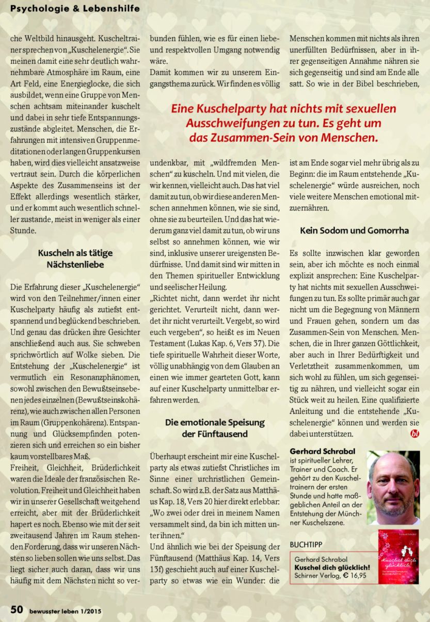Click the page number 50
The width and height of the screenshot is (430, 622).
coord(17,610)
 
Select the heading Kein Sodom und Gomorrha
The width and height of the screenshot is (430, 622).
coord(354,230)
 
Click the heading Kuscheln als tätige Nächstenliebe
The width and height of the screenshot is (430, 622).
coord(75,259)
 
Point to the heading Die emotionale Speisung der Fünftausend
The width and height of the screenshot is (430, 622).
coord(215,428)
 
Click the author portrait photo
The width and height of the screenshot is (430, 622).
coord(393,488)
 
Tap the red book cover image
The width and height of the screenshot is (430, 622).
coord(398,556)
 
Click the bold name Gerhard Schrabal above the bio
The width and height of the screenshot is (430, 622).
coord(322,451)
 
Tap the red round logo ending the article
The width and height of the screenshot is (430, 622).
coord(415,434)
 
